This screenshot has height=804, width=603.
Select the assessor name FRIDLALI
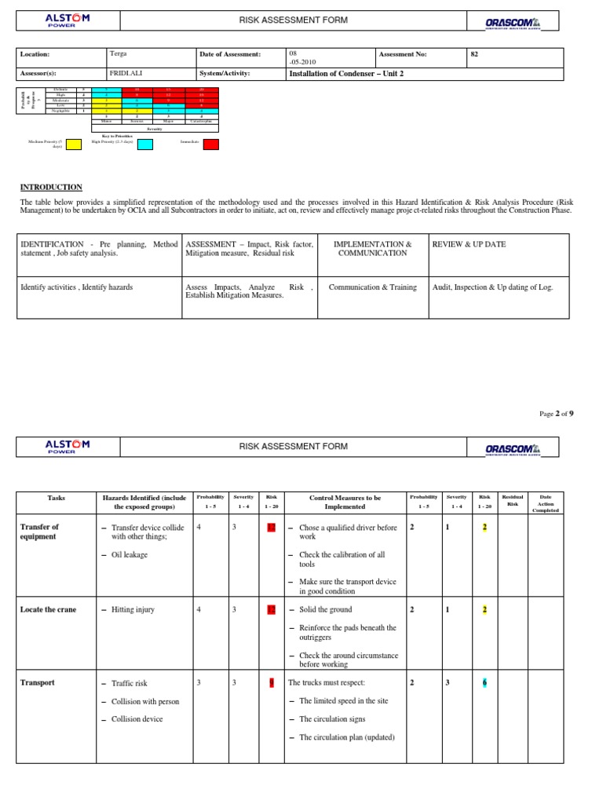click(128, 74)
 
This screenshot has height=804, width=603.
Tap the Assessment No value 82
click(473, 54)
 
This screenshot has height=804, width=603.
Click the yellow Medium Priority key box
click(73, 144)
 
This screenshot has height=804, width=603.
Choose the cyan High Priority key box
click(145, 144)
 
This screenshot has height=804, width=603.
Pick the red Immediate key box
click(211, 144)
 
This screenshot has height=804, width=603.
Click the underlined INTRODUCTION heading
click(51, 187)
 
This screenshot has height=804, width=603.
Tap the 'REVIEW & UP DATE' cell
click(469, 244)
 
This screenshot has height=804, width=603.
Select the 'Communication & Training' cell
click(373, 287)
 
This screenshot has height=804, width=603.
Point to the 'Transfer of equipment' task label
click(39, 532)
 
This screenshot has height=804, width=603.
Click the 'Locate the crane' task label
click(48, 609)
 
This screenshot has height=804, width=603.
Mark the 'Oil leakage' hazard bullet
click(129, 554)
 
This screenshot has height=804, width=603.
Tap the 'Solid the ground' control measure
click(325, 609)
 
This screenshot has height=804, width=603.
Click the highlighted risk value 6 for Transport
click(485, 683)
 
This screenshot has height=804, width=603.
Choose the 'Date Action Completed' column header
click(546, 503)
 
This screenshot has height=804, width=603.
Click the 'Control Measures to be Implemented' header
click(345, 502)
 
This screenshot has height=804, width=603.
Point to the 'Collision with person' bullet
click(144, 701)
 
